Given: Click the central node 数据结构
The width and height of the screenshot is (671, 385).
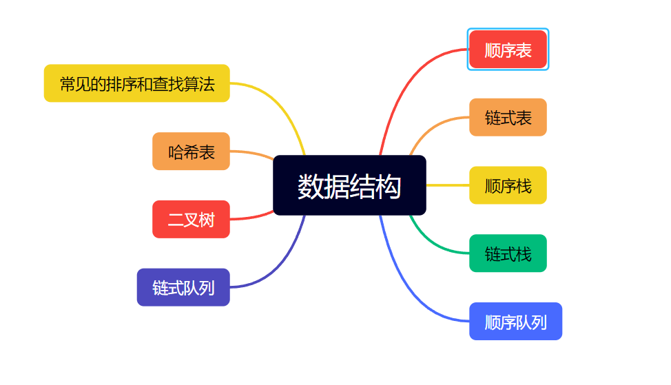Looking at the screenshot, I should [349, 185].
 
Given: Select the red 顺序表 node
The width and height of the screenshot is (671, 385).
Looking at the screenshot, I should [508, 50].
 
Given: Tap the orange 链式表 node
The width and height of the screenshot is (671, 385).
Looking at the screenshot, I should [508, 117].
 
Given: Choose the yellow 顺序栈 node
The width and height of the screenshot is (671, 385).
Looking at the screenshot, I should [508, 185].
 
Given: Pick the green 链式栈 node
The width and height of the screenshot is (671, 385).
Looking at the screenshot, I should [508, 253].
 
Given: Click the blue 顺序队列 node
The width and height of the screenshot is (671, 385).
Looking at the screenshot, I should [515, 322].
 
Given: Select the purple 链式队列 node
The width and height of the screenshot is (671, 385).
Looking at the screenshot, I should [183, 287].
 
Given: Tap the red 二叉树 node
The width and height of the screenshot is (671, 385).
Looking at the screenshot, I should [191, 220].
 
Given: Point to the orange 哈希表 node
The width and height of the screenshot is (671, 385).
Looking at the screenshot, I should [191, 152].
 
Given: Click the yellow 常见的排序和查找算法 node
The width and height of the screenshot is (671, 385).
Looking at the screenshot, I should [136, 83].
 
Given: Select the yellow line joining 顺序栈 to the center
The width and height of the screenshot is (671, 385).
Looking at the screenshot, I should [448, 185].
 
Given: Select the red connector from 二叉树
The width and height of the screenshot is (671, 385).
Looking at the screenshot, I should [251, 218].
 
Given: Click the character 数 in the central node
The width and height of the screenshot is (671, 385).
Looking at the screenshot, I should [310, 186].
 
